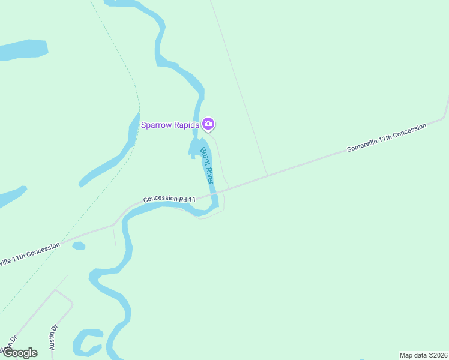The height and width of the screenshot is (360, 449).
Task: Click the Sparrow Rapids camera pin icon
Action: pos(208,124)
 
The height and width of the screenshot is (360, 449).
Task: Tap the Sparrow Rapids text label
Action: pos(170,125)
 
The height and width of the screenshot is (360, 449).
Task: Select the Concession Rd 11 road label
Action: pos(169,199)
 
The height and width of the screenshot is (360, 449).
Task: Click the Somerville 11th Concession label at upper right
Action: pos(386,137)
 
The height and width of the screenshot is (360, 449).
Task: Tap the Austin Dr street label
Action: pos(53,337)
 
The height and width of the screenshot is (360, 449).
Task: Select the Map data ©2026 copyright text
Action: pos(424,355)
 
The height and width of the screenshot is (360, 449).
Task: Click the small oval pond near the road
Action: pos(79,245)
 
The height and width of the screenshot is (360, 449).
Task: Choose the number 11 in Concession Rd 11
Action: pos(191,199)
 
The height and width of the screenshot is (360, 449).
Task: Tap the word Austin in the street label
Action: pos(52,341)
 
